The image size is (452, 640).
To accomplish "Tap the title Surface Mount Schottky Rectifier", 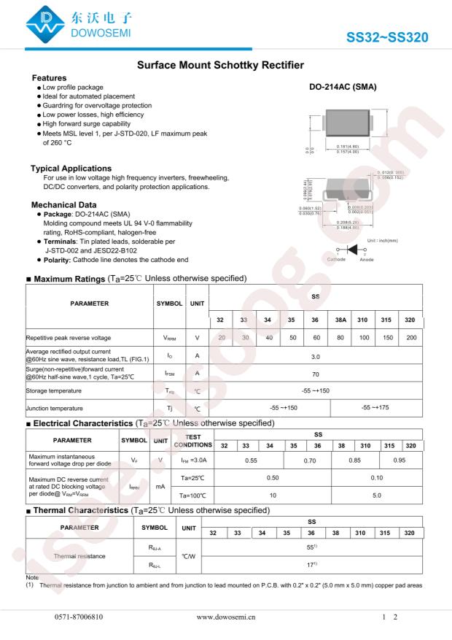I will [x=220, y=66].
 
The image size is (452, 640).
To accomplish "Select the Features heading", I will [x=50, y=78].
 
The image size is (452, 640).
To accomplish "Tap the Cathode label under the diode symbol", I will [x=336, y=260].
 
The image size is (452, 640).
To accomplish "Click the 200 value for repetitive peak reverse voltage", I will [x=412, y=338].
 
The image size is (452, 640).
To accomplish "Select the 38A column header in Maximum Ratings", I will [x=340, y=320].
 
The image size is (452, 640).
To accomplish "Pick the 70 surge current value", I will [x=316, y=373].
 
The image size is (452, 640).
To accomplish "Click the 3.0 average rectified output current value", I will [x=316, y=357].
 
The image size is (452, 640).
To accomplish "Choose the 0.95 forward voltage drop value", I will [x=400, y=460].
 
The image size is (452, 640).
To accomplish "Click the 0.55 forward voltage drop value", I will [x=251, y=460].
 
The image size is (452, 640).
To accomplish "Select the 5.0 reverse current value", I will [x=376, y=495].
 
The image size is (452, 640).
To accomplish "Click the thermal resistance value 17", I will [x=312, y=565].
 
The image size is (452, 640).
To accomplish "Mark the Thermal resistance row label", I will [x=79, y=556].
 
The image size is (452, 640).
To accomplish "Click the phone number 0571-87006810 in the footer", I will [x=79, y=617].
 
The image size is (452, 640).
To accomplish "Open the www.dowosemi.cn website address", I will [x=226, y=617].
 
